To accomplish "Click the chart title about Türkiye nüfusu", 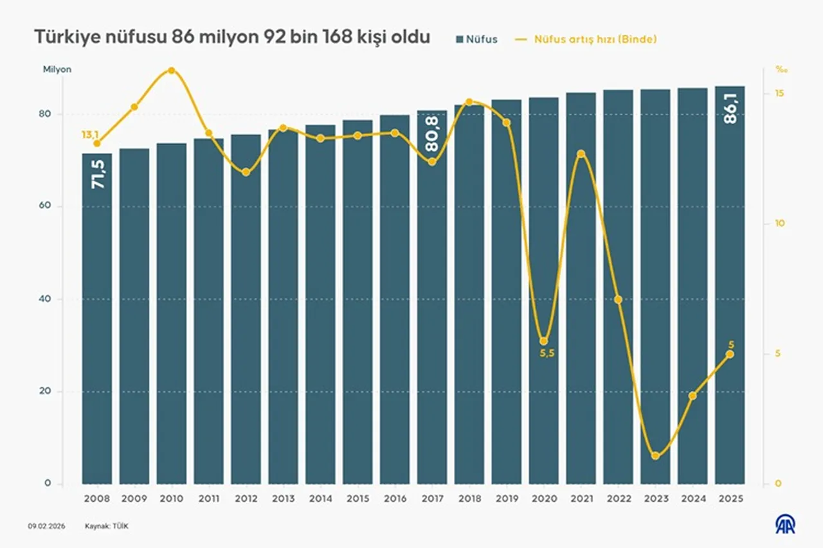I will point(231,38).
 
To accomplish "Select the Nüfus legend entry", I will point(476,39).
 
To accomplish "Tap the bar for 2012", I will point(246,308).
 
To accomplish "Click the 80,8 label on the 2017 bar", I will point(432,136).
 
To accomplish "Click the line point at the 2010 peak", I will point(172,71).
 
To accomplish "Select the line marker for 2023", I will point(655,455).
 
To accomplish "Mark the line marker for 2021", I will point(581,154).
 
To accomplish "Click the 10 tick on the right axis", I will point(780,224).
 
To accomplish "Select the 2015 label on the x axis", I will point(357,499).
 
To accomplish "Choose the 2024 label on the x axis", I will point(692,499).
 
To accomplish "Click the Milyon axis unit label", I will point(57,69).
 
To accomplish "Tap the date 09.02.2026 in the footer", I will point(45,526).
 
